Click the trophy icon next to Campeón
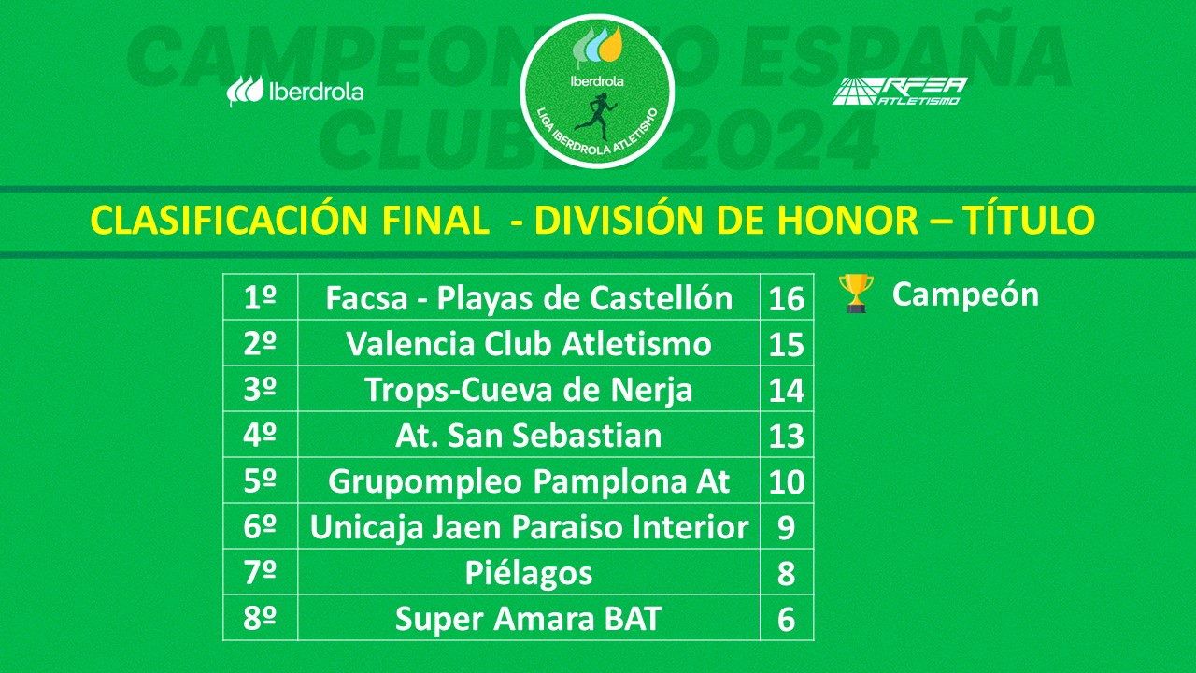855,294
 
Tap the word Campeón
965,294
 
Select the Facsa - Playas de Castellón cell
529,298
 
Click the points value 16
786,299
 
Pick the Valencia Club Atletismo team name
529,344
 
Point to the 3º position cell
260,390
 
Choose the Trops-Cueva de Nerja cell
529,390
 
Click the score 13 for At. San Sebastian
786,437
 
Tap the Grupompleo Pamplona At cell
529,482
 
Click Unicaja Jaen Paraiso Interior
529,528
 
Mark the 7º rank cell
260,573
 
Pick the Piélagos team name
529,573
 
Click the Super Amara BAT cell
529,619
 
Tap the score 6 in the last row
786,620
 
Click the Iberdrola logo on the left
295,92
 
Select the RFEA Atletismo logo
899,91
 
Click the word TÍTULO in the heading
1035,221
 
